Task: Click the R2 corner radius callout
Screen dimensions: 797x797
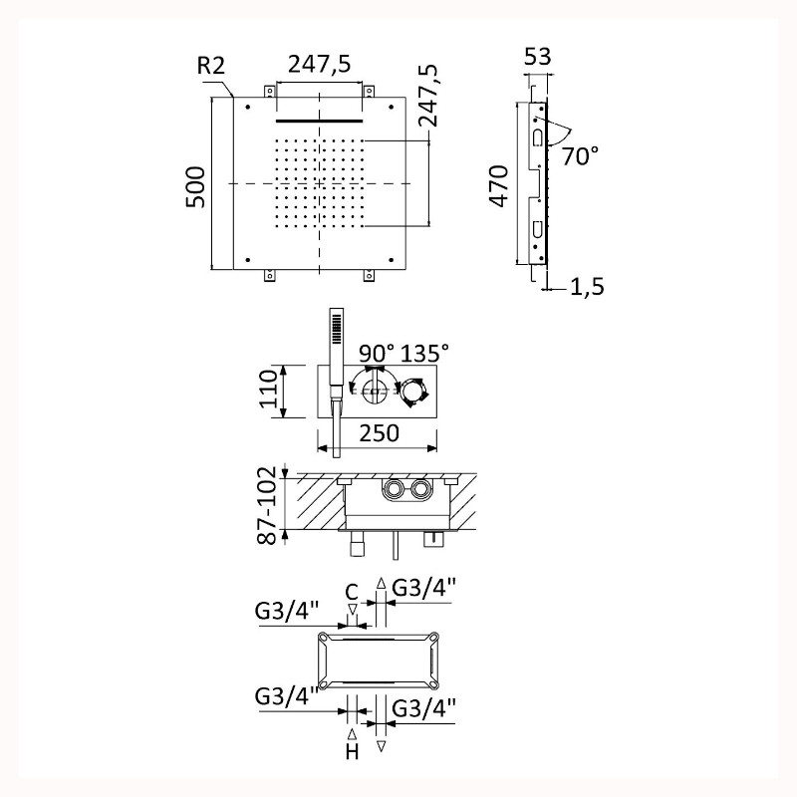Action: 211,66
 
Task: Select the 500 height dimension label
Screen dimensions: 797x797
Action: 195,187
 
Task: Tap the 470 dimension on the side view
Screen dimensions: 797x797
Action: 499,186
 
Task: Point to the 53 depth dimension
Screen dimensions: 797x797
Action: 538,57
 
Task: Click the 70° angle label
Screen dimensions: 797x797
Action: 580,155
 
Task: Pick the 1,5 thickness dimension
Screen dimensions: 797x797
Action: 587,287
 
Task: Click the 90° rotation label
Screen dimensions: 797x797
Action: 377,353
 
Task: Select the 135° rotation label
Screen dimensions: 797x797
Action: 425,353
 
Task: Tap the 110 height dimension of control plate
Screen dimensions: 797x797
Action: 269,389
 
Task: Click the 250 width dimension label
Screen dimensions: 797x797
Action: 380,433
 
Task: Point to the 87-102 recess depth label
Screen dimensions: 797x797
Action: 267,505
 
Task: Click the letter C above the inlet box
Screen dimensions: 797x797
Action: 352,592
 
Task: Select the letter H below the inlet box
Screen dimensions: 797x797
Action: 352,751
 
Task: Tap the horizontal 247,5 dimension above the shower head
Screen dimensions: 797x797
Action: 319,65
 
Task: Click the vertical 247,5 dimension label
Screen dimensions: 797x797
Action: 427,95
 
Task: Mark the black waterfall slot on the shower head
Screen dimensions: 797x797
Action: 319,121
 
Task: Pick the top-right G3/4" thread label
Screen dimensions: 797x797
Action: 423,589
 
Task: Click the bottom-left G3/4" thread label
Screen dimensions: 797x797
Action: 287,696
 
